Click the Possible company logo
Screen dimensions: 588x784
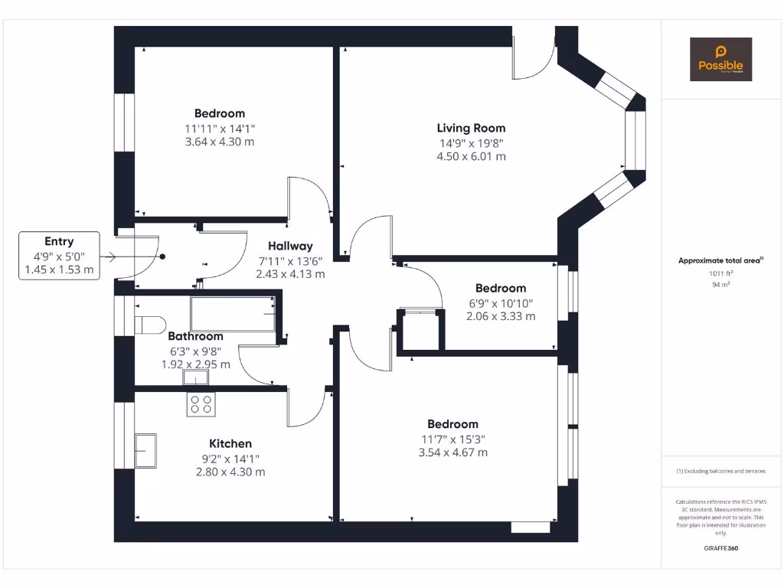point(720,60)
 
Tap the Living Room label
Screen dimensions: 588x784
point(471,128)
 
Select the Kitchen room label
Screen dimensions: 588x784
point(230,443)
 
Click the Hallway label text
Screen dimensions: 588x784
point(290,246)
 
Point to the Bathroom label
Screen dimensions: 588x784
point(196,336)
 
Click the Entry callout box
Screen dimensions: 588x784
point(59,256)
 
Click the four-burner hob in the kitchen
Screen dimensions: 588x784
point(201,404)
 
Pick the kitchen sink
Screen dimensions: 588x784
point(145,450)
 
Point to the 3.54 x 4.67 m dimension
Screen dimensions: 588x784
point(452,452)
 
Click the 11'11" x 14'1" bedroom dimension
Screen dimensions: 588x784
point(220,129)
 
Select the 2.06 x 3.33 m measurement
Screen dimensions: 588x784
point(501,316)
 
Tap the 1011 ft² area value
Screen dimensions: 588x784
point(720,273)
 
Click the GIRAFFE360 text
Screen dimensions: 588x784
point(720,548)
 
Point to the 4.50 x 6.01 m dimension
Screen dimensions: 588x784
point(471,156)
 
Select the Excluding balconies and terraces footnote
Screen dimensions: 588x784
point(720,471)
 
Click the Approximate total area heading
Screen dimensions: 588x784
point(720,260)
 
